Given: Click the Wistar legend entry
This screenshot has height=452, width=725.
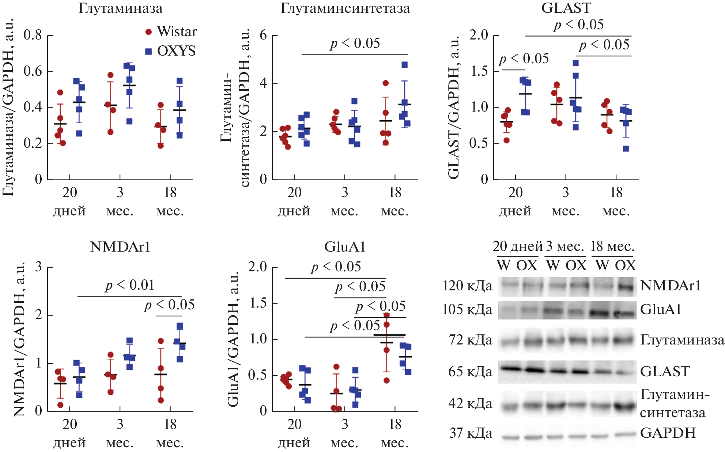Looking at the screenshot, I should click(x=171, y=32).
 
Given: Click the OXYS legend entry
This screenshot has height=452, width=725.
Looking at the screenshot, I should click(x=171, y=51).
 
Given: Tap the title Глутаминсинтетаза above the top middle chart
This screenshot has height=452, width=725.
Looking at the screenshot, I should click(x=345, y=8).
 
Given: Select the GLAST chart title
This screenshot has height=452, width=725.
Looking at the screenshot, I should click(x=566, y=8).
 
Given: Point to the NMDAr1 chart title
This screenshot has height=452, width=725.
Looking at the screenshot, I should click(x=120, y=247).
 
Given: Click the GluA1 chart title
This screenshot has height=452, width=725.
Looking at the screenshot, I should click(x=345, y=247).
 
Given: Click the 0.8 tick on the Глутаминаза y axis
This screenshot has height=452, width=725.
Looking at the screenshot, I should click(x=33, y=35).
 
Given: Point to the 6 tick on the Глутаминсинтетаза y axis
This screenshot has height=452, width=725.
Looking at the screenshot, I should click(x=263, y=35).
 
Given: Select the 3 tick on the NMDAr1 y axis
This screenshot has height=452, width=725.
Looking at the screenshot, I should click(x=38, y=267).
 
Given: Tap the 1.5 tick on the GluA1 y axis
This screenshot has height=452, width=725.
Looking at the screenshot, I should click(x=258, y=303).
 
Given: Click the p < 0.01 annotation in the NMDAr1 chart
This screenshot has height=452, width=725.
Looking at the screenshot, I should click(x=130, y=285).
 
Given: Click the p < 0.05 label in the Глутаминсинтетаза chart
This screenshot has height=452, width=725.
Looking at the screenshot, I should click(x=355, y=44).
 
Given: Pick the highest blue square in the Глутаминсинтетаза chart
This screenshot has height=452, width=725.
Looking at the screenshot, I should click(x=404, y=65).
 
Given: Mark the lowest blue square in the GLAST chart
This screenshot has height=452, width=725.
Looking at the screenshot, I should click(x=626, y=149).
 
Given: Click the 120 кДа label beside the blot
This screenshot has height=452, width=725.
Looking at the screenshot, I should click(x=467, y=286).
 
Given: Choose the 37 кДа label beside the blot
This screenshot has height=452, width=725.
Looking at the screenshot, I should click(x=471, y=433).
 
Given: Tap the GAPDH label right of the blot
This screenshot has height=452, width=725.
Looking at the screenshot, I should click(x=668, y=433).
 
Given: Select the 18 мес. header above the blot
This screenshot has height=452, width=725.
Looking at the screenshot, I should click(x=612, y=246).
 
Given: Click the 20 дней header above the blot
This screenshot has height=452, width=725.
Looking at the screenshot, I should click(x=518, y=246).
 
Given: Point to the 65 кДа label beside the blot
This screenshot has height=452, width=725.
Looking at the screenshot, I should click(x=470, y=372).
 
